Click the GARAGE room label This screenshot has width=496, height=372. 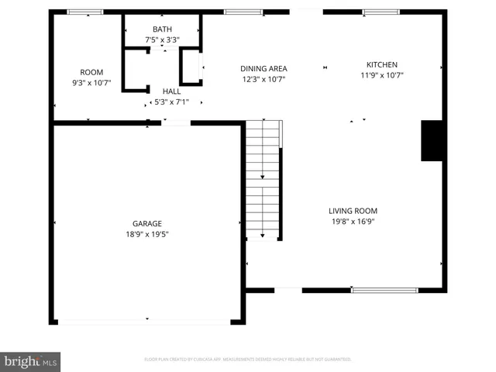[x=146, y=223]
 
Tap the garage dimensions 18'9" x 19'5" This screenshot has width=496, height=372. [x=146, y=233]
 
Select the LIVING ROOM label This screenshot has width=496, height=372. [x=353, y=210]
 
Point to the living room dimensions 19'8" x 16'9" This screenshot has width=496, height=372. [x=353, y=221]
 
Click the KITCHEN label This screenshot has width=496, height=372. [x=382, y=65]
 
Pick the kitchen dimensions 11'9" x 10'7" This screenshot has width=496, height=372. [x=382, y=75]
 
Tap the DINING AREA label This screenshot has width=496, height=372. [x=264, y=68]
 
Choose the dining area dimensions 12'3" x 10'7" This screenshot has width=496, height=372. [x=264, y=78]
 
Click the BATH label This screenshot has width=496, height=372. [x=162, y=29]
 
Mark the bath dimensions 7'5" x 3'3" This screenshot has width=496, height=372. [x=162, y=40]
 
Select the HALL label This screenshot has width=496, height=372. [x=171, y=91]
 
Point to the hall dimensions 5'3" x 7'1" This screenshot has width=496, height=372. [x=171, y=101]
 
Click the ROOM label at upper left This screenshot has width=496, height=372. [x=91, y=72]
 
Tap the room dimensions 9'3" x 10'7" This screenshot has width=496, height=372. [x=91, y=82]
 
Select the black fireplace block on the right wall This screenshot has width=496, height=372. [x=432, y=140]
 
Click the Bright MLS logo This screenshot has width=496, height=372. [x=31, y=361]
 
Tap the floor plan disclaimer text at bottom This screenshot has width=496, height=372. [x=248, y=360]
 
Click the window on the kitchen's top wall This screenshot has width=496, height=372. [x=381, y=12]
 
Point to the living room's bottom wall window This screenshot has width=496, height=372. [x=385, y=290]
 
